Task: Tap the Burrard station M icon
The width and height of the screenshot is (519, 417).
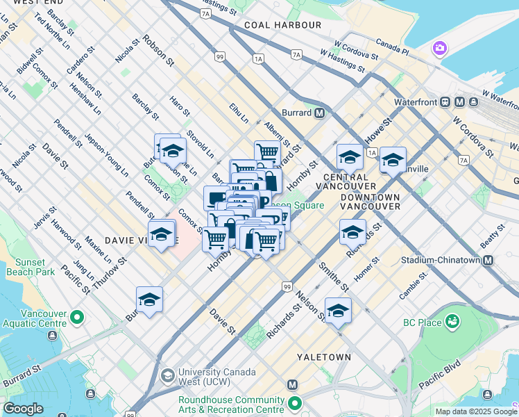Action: (x=320, y=113)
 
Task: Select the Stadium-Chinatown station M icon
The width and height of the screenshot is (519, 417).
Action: (x=488, y=261)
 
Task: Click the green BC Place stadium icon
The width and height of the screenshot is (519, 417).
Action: (x=452, y=322)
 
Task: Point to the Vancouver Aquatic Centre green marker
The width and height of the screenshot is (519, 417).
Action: (x=77, y=318)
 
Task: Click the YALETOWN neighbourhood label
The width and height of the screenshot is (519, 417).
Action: (x=323, y=357)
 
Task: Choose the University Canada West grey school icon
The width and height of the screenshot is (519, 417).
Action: (x=167, y=375)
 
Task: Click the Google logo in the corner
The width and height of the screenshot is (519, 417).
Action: (x=24, y=409)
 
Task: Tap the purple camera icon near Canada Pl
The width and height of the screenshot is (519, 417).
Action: (x=439, y=48)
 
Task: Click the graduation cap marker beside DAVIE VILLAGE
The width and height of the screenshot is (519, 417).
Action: (x=161, y=236)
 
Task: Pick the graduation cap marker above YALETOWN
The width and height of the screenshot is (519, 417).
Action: (x=338, y=311)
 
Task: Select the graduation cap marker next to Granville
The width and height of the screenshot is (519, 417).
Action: (x=393, y=161)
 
